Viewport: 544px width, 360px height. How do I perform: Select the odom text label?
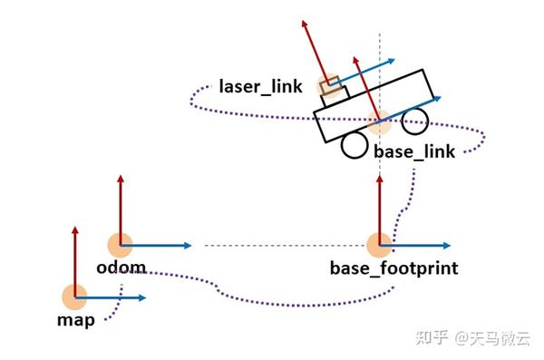tap(121, 269)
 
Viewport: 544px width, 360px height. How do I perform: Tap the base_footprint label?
tap(393, 268)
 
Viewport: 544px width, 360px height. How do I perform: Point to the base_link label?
tap(413, 151)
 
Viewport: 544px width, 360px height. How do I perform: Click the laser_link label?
tap(260, 88)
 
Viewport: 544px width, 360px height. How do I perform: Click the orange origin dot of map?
tap(74, 297)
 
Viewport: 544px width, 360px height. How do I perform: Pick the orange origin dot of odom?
tap(121, 245)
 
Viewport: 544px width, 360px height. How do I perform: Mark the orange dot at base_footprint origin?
tap(379, 245)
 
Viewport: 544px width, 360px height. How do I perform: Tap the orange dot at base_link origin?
tap(379, 121)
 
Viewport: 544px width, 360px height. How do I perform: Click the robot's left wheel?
tap(352, 146)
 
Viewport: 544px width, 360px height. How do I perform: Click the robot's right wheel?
tap(416, 119)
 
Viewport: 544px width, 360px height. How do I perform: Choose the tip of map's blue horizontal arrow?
tap(145, 297)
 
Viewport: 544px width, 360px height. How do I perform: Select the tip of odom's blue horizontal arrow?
tap(191, 245)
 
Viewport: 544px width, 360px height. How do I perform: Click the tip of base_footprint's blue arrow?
tap(450, 245)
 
